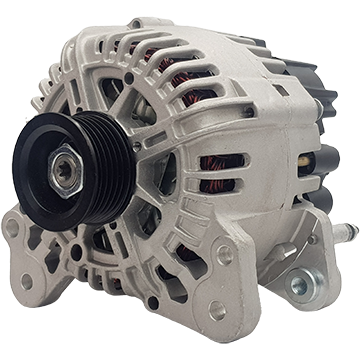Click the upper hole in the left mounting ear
[13, 227]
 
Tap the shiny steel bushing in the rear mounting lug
[299, 286]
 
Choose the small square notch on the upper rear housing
[282, 91]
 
